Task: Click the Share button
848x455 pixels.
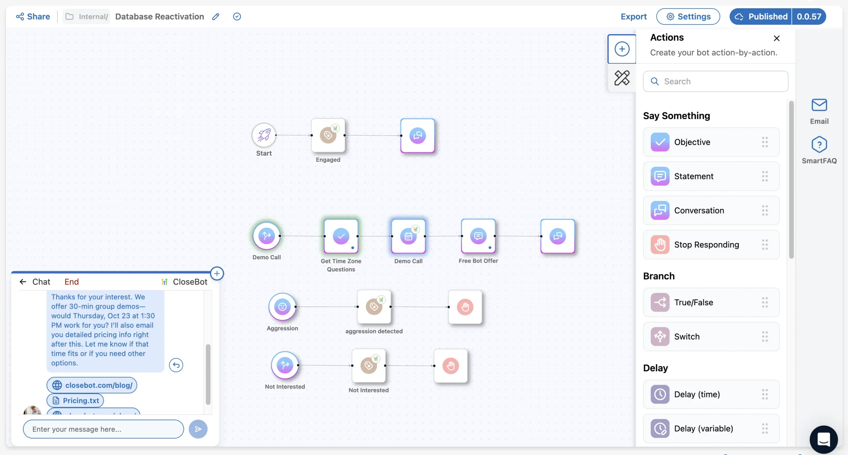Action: [33, 17]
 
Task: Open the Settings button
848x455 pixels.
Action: [688, 17]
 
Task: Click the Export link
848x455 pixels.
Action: [633, 17]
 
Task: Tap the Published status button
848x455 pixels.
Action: [761, 17]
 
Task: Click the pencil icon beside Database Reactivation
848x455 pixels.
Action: [216, 17]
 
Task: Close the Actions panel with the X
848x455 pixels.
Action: [776, 38]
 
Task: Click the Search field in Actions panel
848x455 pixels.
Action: [715, 81]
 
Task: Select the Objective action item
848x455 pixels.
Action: [711, 142]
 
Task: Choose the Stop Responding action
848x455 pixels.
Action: [711, 244]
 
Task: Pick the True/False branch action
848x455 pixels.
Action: [711, 302]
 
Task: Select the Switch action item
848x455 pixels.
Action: [711, 336]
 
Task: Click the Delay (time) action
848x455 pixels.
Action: [711, 394]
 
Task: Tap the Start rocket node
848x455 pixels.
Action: [264, 135]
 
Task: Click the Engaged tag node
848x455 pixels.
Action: [328, 135]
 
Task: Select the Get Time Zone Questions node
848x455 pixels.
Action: [341, 236]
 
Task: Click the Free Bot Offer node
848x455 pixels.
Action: [478, 236]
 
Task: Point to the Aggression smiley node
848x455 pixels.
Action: [282, 307]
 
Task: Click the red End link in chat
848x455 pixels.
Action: [72, 282]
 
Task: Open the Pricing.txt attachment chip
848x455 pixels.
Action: [75, 401]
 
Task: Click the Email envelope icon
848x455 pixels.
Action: [819, 105]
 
